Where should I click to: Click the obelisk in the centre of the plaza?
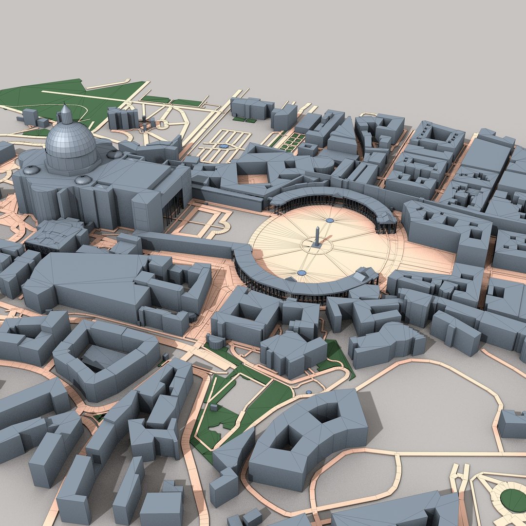coord(317,237)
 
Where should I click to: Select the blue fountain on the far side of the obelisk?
coord(330,220)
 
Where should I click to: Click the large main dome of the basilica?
coord(71,142)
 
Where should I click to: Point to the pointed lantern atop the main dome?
coord(65,114)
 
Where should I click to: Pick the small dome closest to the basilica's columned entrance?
coord(114,154)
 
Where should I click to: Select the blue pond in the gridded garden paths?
coord(223,146)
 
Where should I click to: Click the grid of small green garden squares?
coord(292,142)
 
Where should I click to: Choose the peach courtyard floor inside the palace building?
coord(253,178)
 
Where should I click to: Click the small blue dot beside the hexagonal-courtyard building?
coord(308,392)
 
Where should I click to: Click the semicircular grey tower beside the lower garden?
coord(215,341)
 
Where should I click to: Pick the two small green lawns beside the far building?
coord(244,119)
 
